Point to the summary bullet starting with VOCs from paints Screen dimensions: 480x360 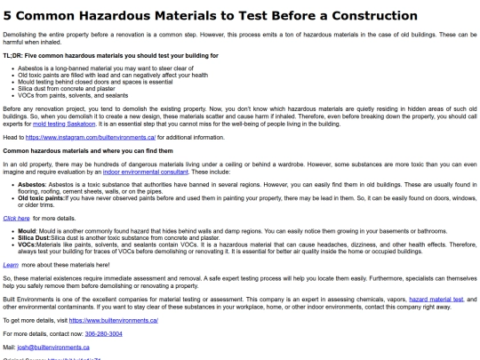click(72, 94)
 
